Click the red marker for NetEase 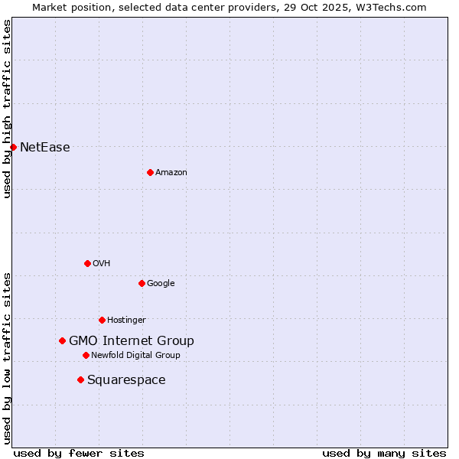point(13,147)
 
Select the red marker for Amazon point(150,172)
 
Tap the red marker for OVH point(87,263)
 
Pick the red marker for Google point(142,283)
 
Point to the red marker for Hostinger point(102,320)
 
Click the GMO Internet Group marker point(62,340)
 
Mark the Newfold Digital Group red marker point(86,355)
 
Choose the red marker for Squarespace point(80,379)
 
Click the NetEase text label point(44,148)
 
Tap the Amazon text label point(171,173)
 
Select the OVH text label point(101,264)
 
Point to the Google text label point(161,284)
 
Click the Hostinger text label point(126,321)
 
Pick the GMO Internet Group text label point(131,341)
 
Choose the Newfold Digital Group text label point(135,356)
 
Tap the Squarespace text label point(126,380)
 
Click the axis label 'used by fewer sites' point(79,453)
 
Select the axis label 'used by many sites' point(384,453)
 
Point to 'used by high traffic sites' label point(7,109)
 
